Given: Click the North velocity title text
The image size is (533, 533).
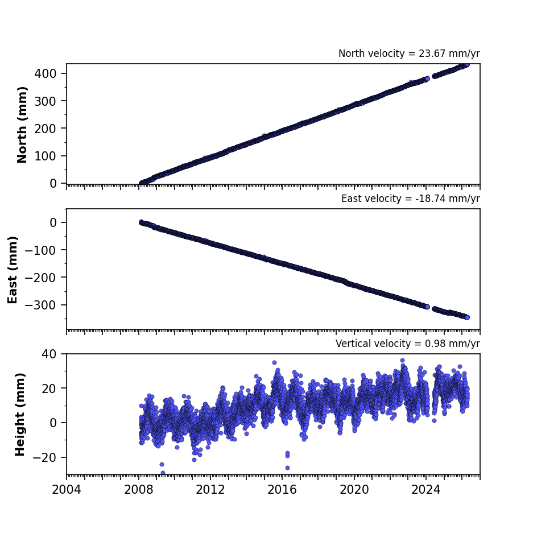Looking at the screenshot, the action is click(409, 53).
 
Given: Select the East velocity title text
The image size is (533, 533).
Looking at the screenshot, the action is click(410, 199).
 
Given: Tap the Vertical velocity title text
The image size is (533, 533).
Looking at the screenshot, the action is click(407, 344).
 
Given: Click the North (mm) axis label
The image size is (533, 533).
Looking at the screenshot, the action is click(22, 125).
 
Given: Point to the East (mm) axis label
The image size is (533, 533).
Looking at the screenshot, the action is click(13, 270).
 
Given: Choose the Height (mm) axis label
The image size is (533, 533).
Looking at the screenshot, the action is click(20, 414).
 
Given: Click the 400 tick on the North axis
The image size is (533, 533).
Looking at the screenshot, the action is click(45, 73).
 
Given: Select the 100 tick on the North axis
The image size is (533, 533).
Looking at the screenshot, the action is click(45, 156).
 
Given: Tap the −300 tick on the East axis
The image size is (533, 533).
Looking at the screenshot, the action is click(40, 305).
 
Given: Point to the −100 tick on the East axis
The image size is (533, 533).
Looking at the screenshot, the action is click(40, 250).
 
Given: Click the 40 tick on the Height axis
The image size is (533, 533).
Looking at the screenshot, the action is click(49, 354).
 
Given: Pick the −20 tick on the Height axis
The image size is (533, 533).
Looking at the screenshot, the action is click(44, 457).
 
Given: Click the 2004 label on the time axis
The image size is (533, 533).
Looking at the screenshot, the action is click(67, 490).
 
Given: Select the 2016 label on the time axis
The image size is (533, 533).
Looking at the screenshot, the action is click(282, 490).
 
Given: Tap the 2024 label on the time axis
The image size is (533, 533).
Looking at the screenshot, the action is click(426, 490).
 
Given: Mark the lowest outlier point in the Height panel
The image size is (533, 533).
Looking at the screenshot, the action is click(163, 473).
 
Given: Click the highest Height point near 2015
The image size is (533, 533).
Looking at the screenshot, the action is click(274, 363).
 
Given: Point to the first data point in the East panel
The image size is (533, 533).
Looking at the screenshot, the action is click(142, 222).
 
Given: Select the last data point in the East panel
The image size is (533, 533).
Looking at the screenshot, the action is click(468, 317).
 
